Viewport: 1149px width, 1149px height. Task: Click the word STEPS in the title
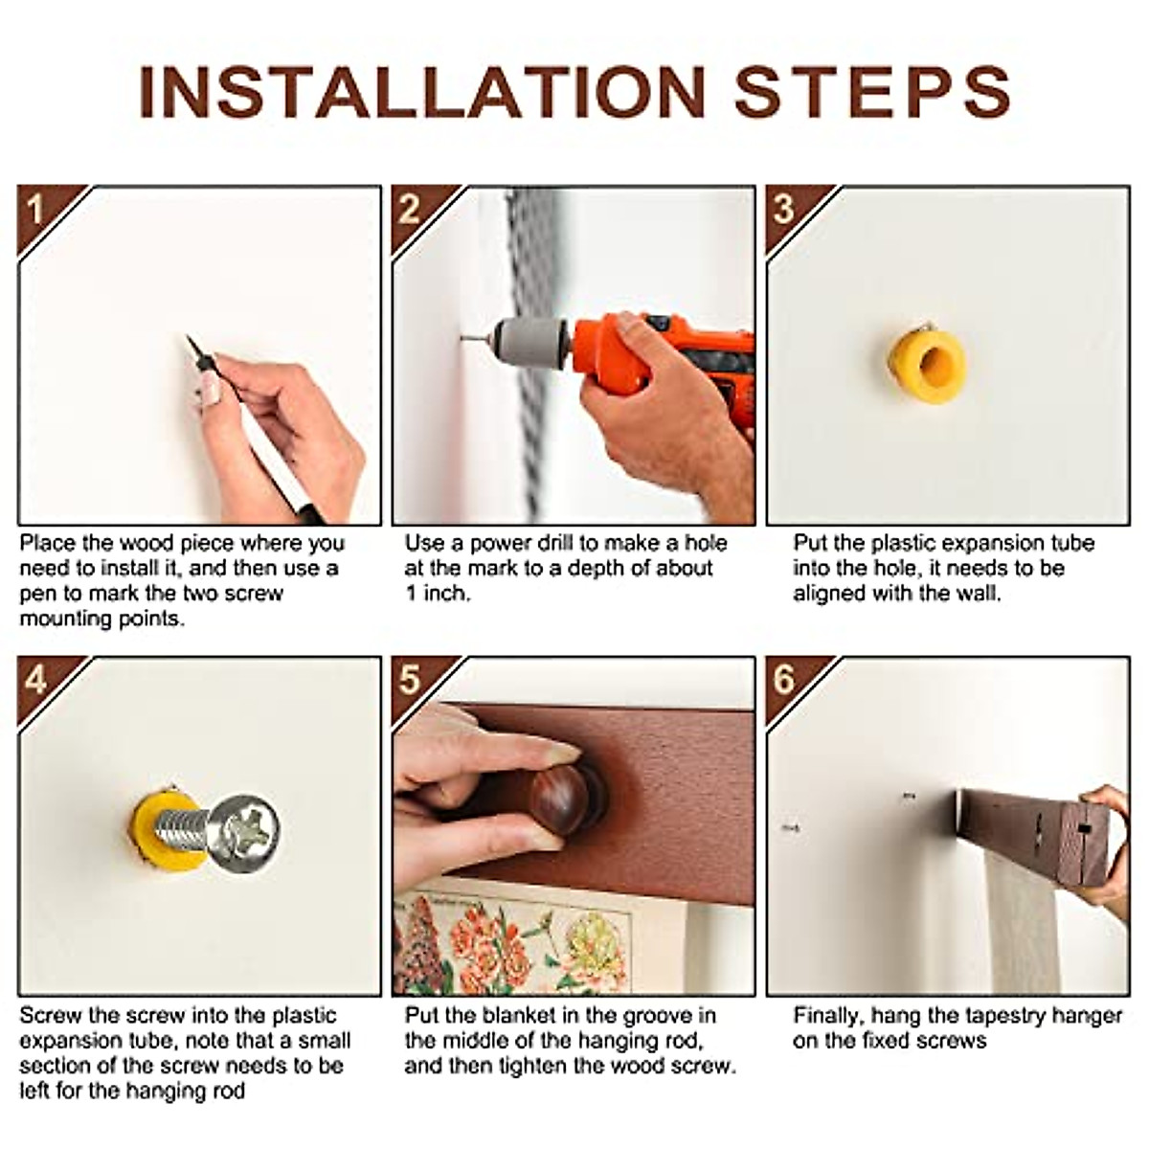click(x=873, y=94)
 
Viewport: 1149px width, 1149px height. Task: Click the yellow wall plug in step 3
click(x=925, y=366)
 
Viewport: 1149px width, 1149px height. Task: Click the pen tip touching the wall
click(x=189, y=339)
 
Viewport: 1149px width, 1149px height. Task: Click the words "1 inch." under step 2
click(x=438, y=594)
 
